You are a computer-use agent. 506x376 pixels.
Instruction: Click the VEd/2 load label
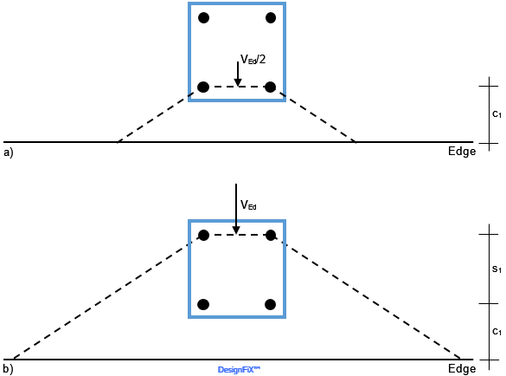(253, 60)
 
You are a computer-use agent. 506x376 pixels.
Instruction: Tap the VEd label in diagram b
(248, 205)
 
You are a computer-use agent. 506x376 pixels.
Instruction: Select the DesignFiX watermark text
(239, 370)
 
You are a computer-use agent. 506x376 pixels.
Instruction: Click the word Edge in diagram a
(462, 152)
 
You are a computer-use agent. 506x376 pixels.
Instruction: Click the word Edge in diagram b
(462, 368)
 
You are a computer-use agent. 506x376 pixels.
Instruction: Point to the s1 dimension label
(496, 269)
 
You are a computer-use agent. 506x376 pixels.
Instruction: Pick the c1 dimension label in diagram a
(496, 114)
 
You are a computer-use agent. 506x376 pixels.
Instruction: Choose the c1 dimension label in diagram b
(496, 332)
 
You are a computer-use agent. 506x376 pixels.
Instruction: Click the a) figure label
(9, 152)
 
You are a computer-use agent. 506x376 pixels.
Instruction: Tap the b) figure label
(9, 369)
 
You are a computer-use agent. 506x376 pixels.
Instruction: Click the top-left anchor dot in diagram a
(203, 18)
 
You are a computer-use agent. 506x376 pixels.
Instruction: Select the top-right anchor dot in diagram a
(271, 18)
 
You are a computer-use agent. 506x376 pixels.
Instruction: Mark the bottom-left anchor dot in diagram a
(203, 87)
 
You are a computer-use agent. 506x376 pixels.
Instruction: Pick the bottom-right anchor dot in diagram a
(271, 87)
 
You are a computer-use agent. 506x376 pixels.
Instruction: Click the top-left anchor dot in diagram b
(203, 235)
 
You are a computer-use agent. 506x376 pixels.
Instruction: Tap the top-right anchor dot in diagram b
(271, 235)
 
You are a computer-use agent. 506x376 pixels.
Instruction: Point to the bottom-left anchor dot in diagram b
(203, 304)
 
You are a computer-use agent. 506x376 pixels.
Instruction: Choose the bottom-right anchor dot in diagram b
(270, 304)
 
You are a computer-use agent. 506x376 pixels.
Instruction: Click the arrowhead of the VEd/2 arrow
(238, 82)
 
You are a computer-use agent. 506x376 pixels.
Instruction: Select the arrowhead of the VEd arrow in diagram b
(236, 230)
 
